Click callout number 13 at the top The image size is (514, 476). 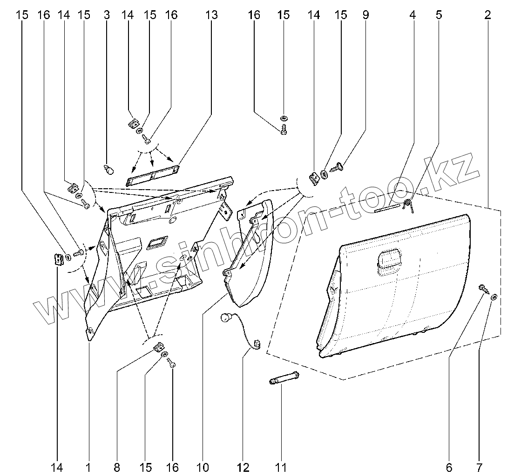(211, 15)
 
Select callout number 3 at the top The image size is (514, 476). (107, 15)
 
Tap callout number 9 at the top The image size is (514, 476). (366, 15)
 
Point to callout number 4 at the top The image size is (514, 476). (413, 15)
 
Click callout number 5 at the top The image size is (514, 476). (439, 15)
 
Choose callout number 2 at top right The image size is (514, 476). (487, 15)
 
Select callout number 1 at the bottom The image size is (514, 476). (88, 466)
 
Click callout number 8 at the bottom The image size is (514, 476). (116, 466)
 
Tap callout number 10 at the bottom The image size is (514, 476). (203, 466)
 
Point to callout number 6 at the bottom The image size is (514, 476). (450, 466)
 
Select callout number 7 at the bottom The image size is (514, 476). (480, 466)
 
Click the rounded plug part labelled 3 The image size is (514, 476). (109, 170)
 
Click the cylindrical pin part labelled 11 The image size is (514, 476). (284, 378)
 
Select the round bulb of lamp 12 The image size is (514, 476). (226, 319)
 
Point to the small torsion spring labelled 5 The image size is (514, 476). (409, 205)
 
